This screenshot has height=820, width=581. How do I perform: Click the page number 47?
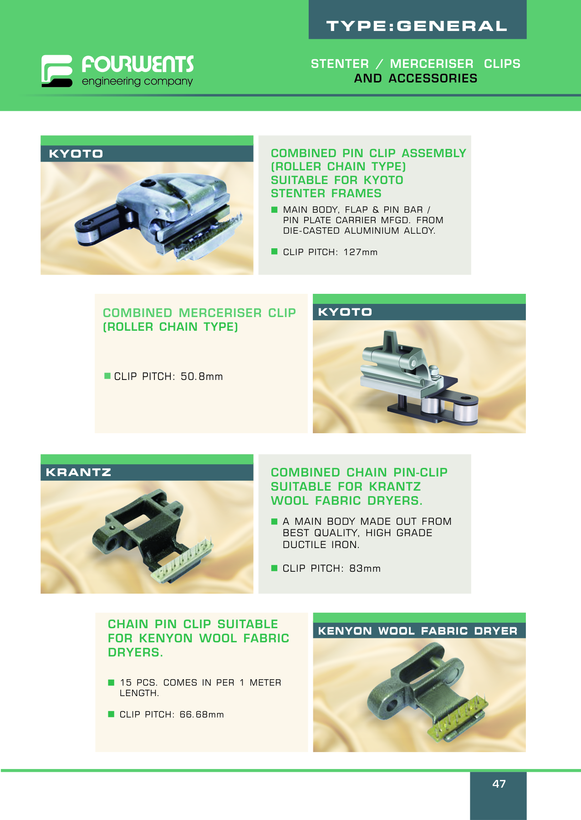[x=499, y=784]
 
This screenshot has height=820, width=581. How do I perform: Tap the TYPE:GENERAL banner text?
[x=417, y=26]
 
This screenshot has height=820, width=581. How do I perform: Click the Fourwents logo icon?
[x=57, y=71]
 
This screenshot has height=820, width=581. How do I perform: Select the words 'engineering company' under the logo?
[x=137, y=82]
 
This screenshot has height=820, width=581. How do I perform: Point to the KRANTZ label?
[x=78, y=472]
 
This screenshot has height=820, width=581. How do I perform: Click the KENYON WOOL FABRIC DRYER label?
[x=418, y=630]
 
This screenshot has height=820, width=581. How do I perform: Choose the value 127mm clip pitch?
[x=361, y=252]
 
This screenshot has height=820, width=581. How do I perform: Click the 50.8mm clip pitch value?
[x=202, y=376]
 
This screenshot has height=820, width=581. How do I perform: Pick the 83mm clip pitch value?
[x=365, y=568]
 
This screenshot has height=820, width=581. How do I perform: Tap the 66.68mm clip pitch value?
[x=202, y=714]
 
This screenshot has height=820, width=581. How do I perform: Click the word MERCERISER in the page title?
[x=432, y=64]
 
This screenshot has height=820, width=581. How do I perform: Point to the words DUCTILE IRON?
[x=321, y=544]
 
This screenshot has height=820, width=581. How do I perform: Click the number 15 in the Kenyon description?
[x=126, y=682]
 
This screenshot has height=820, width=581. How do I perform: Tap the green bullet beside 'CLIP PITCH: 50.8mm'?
[x=107, y=376]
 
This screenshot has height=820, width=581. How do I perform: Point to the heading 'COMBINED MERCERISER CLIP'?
[x=199, y=313]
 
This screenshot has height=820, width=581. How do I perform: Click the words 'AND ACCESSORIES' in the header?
[x=416, y=78]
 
